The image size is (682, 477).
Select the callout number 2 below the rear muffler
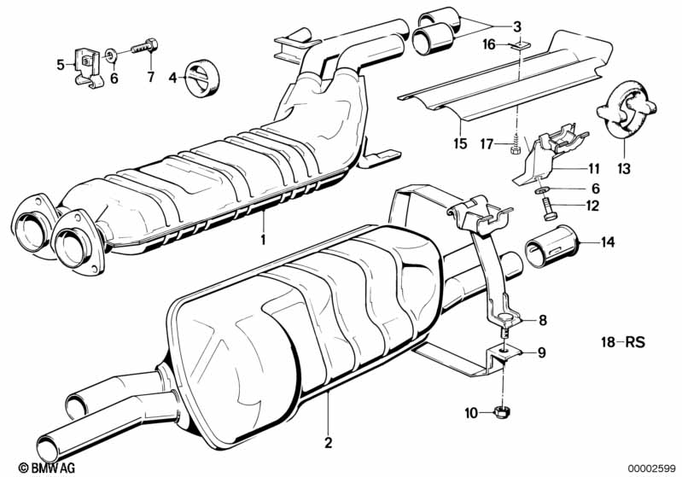pos(327,443)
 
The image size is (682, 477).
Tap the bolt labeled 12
pos(547,204)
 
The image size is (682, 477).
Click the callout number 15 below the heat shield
pos(461,144)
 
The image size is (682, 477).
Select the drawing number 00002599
pos(650,468)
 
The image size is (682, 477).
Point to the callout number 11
pos(594,168)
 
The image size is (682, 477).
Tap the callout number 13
pos(624,169)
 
